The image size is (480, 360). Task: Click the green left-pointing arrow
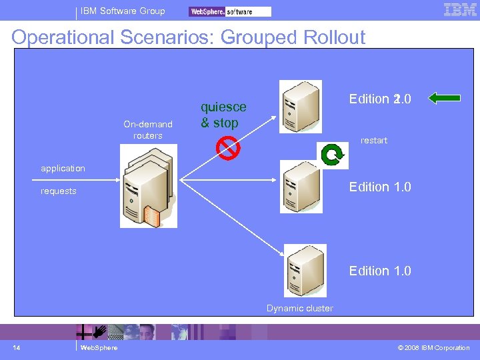(445, 99)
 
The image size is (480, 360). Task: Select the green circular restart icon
(331, 155)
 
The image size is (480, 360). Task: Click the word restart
(373, 141)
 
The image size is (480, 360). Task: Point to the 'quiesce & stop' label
(223, 115)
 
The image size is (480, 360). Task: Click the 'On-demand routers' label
(148, 130)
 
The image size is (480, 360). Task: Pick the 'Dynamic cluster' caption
(300, 308)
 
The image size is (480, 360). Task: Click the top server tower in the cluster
(300, 107)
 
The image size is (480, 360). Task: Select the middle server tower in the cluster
(300, 187)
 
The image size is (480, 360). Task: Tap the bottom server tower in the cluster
(305, 270)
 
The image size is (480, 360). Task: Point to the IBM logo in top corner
(460, 10)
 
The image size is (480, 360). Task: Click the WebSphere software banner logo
(230, 11)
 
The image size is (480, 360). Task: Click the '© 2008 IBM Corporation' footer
(433, 348)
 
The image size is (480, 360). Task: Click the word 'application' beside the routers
(63, 169)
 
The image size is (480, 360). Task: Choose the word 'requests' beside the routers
(59, 191)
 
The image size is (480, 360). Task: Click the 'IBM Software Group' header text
(123, 11)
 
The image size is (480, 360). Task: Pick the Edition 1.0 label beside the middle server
(379, 187)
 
